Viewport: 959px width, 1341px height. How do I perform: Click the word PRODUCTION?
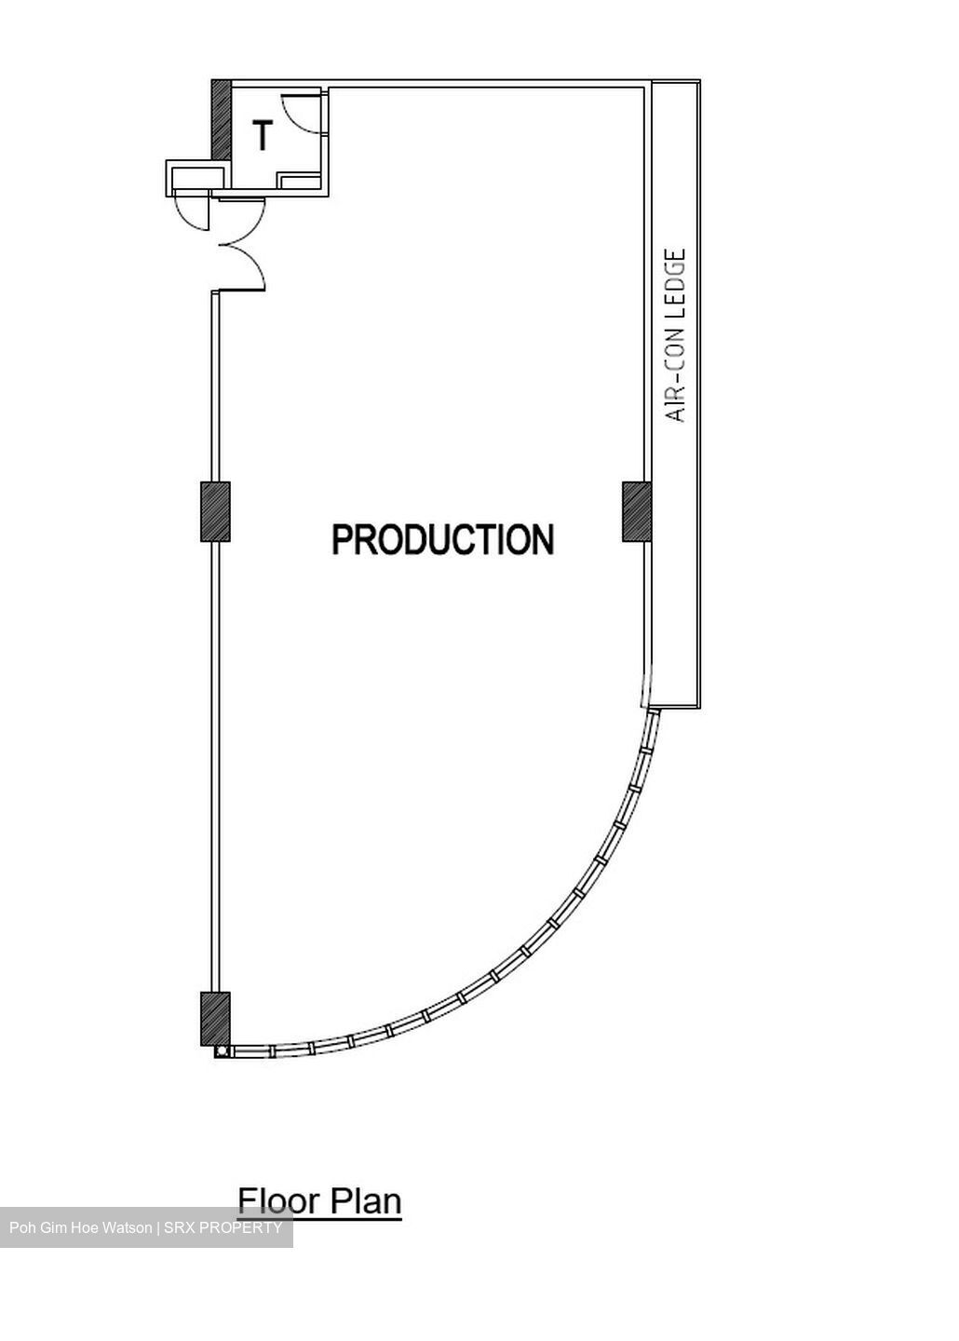coord(443,539)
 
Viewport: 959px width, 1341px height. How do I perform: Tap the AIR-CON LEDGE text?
coord(676,336)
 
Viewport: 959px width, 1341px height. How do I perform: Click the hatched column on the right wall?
coord(637,512)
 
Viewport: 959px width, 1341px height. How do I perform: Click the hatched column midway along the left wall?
coord(215,512)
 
